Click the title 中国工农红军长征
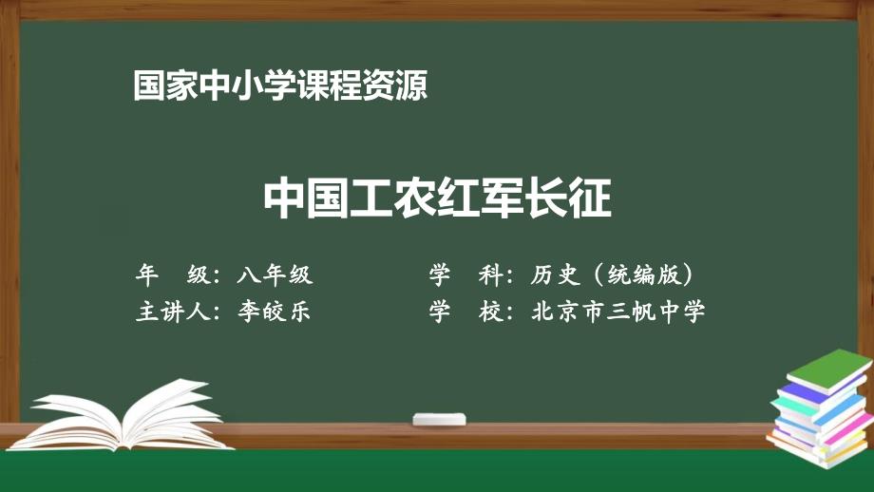tap(437, 199)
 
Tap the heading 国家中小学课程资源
tap(280, 87)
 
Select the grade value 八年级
tap(275, 275)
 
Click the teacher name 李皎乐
tap(275, 312)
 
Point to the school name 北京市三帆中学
tap(619, 312)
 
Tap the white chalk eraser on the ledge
tap(438, 418)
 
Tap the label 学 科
tap(465, 275)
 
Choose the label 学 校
tap(465, 312)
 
